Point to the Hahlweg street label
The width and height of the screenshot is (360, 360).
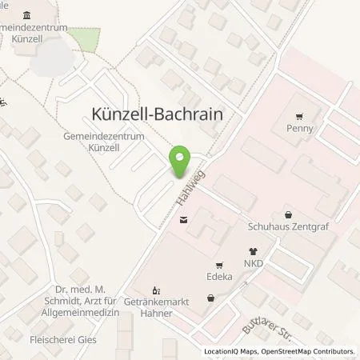(x=190, y=190)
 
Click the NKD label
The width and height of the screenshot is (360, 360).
(x=254, y=262)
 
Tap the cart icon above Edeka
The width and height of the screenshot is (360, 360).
(x=218, y=263)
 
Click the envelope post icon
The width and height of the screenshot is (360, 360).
(x=184, y=219)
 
